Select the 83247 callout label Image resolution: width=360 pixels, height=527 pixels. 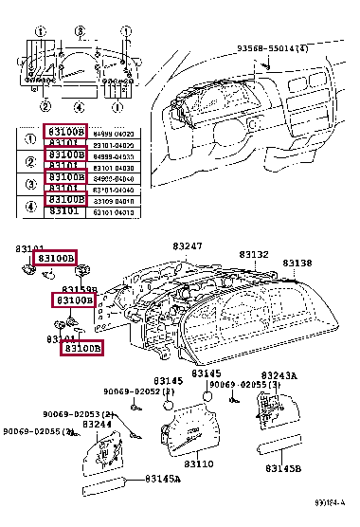pos(187,245)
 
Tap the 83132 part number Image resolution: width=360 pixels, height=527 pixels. pos(253,255)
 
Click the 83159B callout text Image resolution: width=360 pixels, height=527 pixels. pos(80,289)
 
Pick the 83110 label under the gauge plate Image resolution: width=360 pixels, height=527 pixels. pos(199,464)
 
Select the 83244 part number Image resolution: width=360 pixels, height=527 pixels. pos(99,425)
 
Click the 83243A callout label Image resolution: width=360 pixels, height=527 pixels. pos(279,376)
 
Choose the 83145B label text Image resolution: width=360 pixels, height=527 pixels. pos(283,468)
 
